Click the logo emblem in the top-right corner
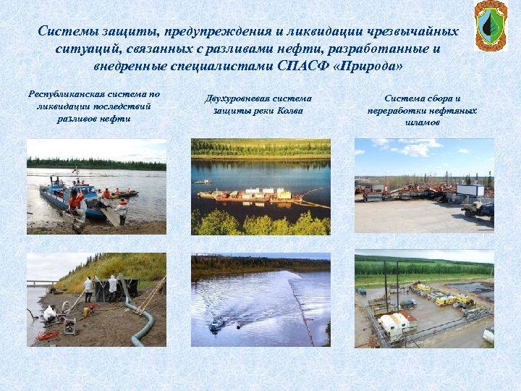tap(490, 26)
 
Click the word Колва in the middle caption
tap(289, 111)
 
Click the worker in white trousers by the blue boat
tap(122, 211)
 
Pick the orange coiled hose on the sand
tap(48, 335)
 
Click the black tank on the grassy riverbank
tap(123, 289)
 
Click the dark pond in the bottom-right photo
tap(480, 290)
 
